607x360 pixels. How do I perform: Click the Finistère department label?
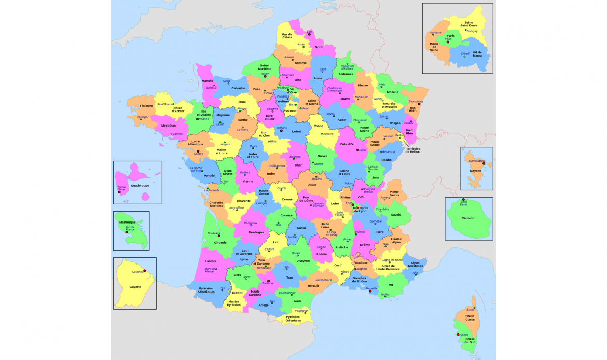click(146, 105)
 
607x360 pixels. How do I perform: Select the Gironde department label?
click(220, 242)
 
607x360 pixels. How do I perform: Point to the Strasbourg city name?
click(416, 101)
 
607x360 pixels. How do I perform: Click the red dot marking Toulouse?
click(268, 281)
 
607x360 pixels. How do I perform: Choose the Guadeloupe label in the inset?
click(140, 185)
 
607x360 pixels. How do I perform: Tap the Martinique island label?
click(127, 222)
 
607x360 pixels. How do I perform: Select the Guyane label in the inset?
click(135, 286)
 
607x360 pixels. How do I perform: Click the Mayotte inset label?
click(475, 170)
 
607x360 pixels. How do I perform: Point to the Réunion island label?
click(468, 218)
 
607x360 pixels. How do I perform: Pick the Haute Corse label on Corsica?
click(470, 317)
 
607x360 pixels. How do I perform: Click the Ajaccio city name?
click(463, 335)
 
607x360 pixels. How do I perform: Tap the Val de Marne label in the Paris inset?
click(477, 53)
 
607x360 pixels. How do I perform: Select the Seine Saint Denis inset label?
click(468, 24)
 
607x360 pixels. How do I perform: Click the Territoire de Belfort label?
click(413, 150)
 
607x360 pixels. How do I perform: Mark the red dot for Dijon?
click(357, 150)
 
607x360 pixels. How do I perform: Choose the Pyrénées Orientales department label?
click(293, 319)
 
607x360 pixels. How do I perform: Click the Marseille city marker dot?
click(370, 291)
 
